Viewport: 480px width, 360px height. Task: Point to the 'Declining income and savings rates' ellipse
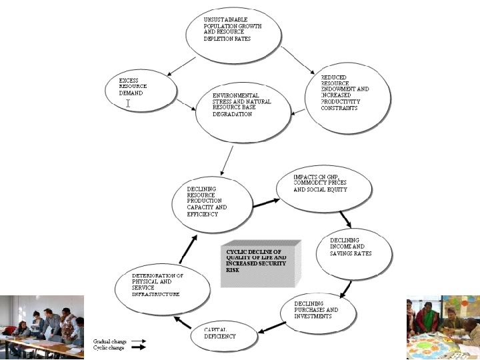(358, 250)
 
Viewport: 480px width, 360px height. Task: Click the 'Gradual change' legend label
(109, 341)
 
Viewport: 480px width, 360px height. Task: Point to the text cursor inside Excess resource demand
(128, 103)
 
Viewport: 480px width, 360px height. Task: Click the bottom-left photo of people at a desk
(42, 327)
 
